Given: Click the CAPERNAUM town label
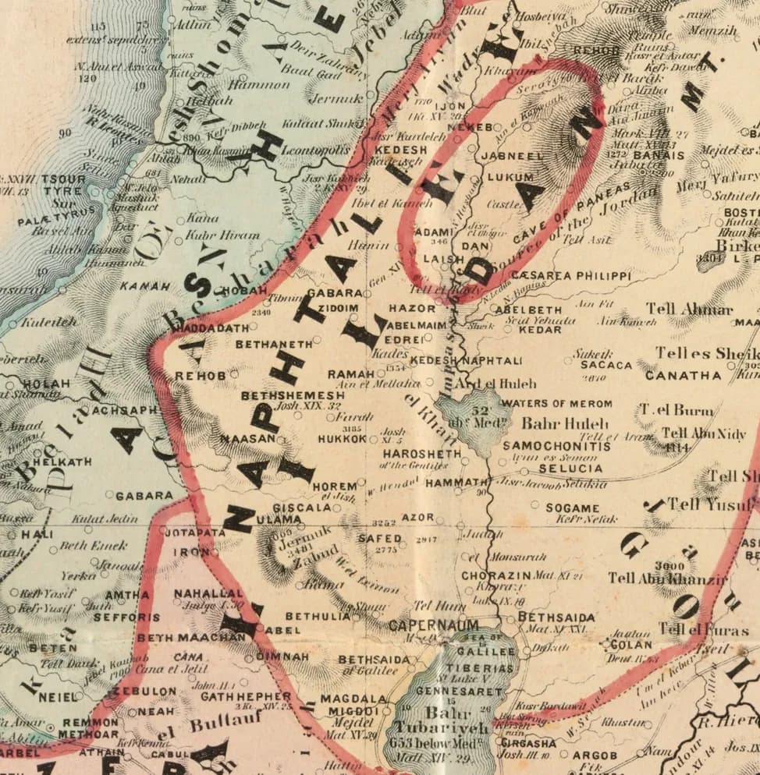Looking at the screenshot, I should [422, 625].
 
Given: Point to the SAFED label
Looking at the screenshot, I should [379, 538].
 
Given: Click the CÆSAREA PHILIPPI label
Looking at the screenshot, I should [572, 276].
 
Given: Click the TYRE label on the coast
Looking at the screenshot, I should [62, 191].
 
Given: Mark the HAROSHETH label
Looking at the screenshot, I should [421, 454].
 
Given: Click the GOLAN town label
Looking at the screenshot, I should [631, 645].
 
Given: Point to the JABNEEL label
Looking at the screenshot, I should [512, 156].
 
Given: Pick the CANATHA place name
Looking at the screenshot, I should [683, 375].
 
